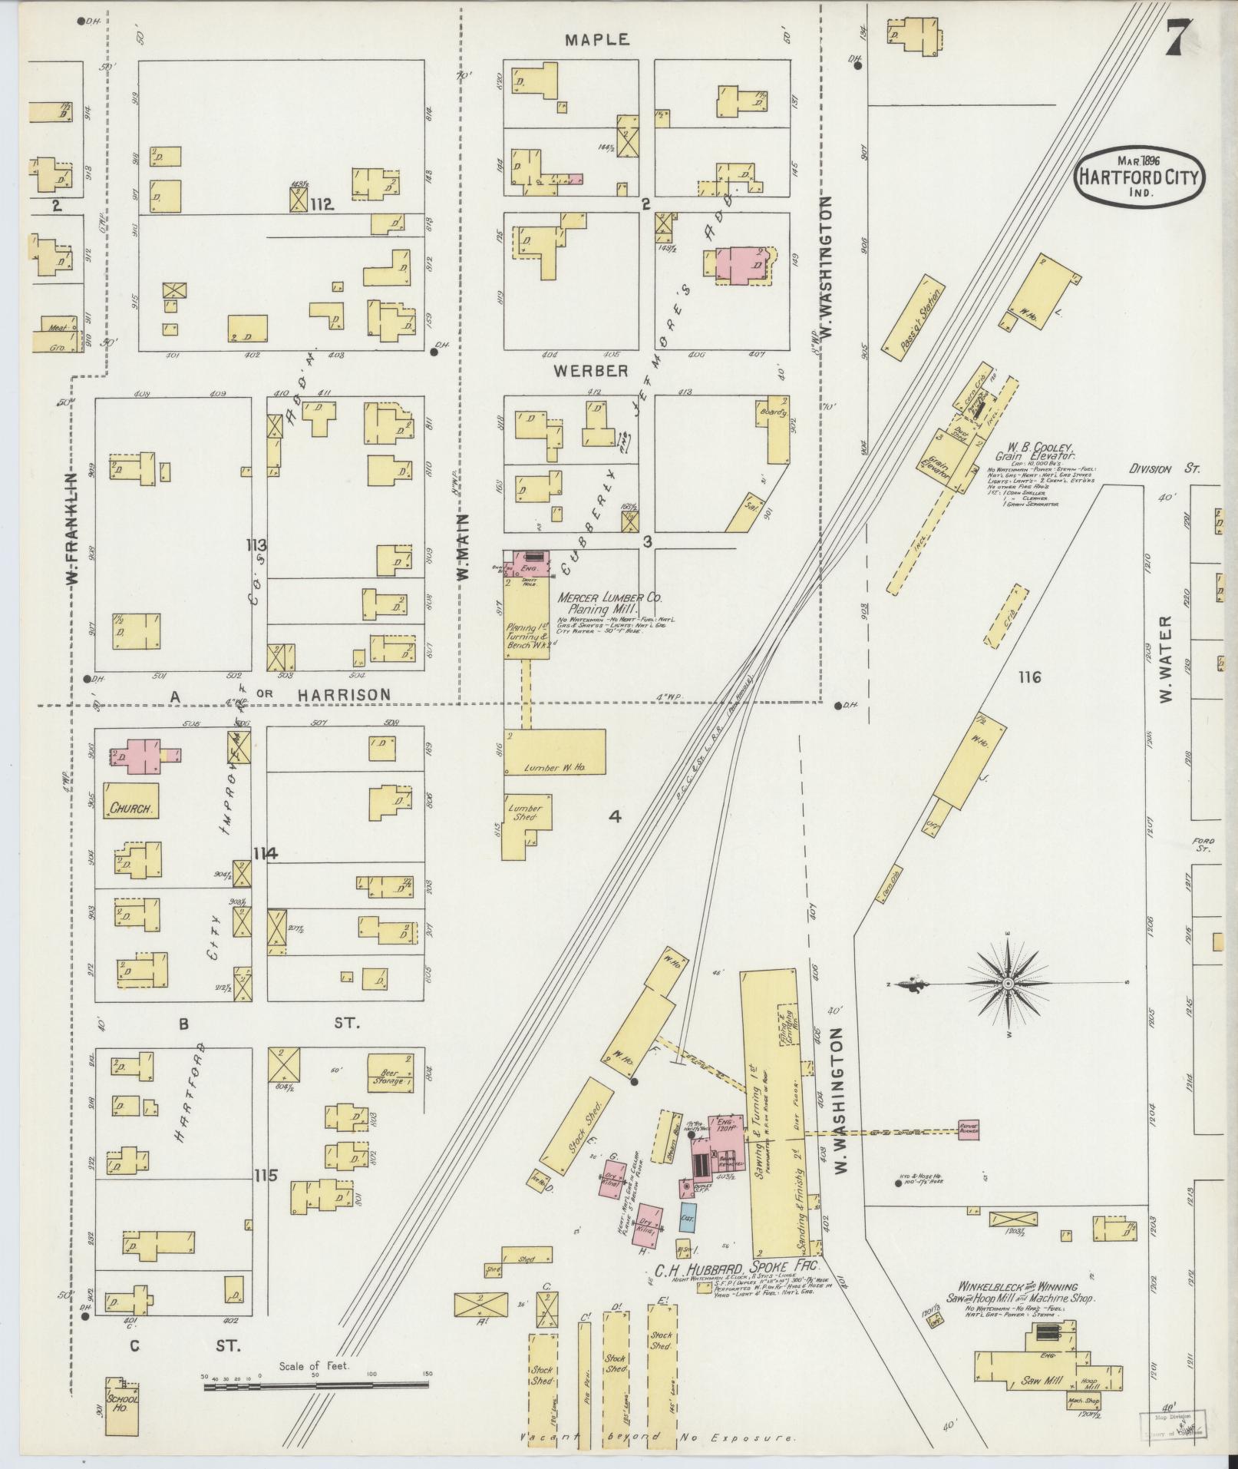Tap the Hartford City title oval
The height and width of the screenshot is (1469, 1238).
[x=1139, y=176]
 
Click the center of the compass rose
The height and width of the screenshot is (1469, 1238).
[x=1009, y=983]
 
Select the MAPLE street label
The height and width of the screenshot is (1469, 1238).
[x=597, y=39]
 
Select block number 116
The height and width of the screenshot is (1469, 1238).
[x=1029, y=677]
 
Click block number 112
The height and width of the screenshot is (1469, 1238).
[x=323, y=204]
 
